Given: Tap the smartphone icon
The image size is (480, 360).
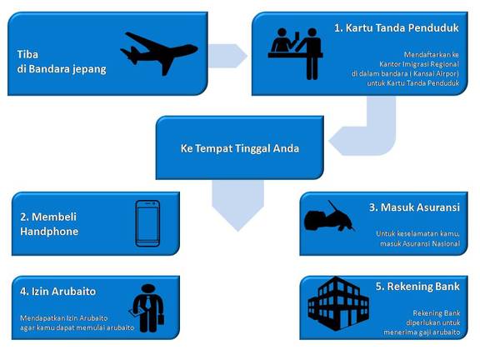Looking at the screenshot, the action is point(147,223).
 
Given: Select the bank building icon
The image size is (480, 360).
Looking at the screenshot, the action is point(338,303).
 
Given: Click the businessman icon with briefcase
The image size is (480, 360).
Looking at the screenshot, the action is point(147,308).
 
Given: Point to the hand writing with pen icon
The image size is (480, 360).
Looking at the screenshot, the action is point(329,217).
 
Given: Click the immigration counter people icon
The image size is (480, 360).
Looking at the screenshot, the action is point(295,54).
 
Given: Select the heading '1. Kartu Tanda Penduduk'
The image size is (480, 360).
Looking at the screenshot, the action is point(397,27).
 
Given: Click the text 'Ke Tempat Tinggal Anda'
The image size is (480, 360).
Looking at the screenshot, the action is point(240,148).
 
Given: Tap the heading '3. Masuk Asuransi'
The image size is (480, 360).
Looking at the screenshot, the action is point(414,207).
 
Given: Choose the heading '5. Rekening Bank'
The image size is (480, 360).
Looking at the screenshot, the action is point(417,287).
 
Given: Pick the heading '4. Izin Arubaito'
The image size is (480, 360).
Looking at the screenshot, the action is point(57,291).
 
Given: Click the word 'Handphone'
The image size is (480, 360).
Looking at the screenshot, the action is point(49,232).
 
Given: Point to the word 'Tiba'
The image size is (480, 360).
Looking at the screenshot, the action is point(27,54).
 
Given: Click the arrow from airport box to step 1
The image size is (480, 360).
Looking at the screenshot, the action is point(228,56).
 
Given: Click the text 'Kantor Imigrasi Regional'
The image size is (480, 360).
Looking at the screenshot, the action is point(419,64).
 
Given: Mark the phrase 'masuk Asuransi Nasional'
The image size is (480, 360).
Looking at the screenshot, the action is point(420,243).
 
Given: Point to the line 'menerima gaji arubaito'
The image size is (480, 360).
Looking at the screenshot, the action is point(422,332).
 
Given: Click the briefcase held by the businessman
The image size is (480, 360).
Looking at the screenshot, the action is point(161,319).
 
